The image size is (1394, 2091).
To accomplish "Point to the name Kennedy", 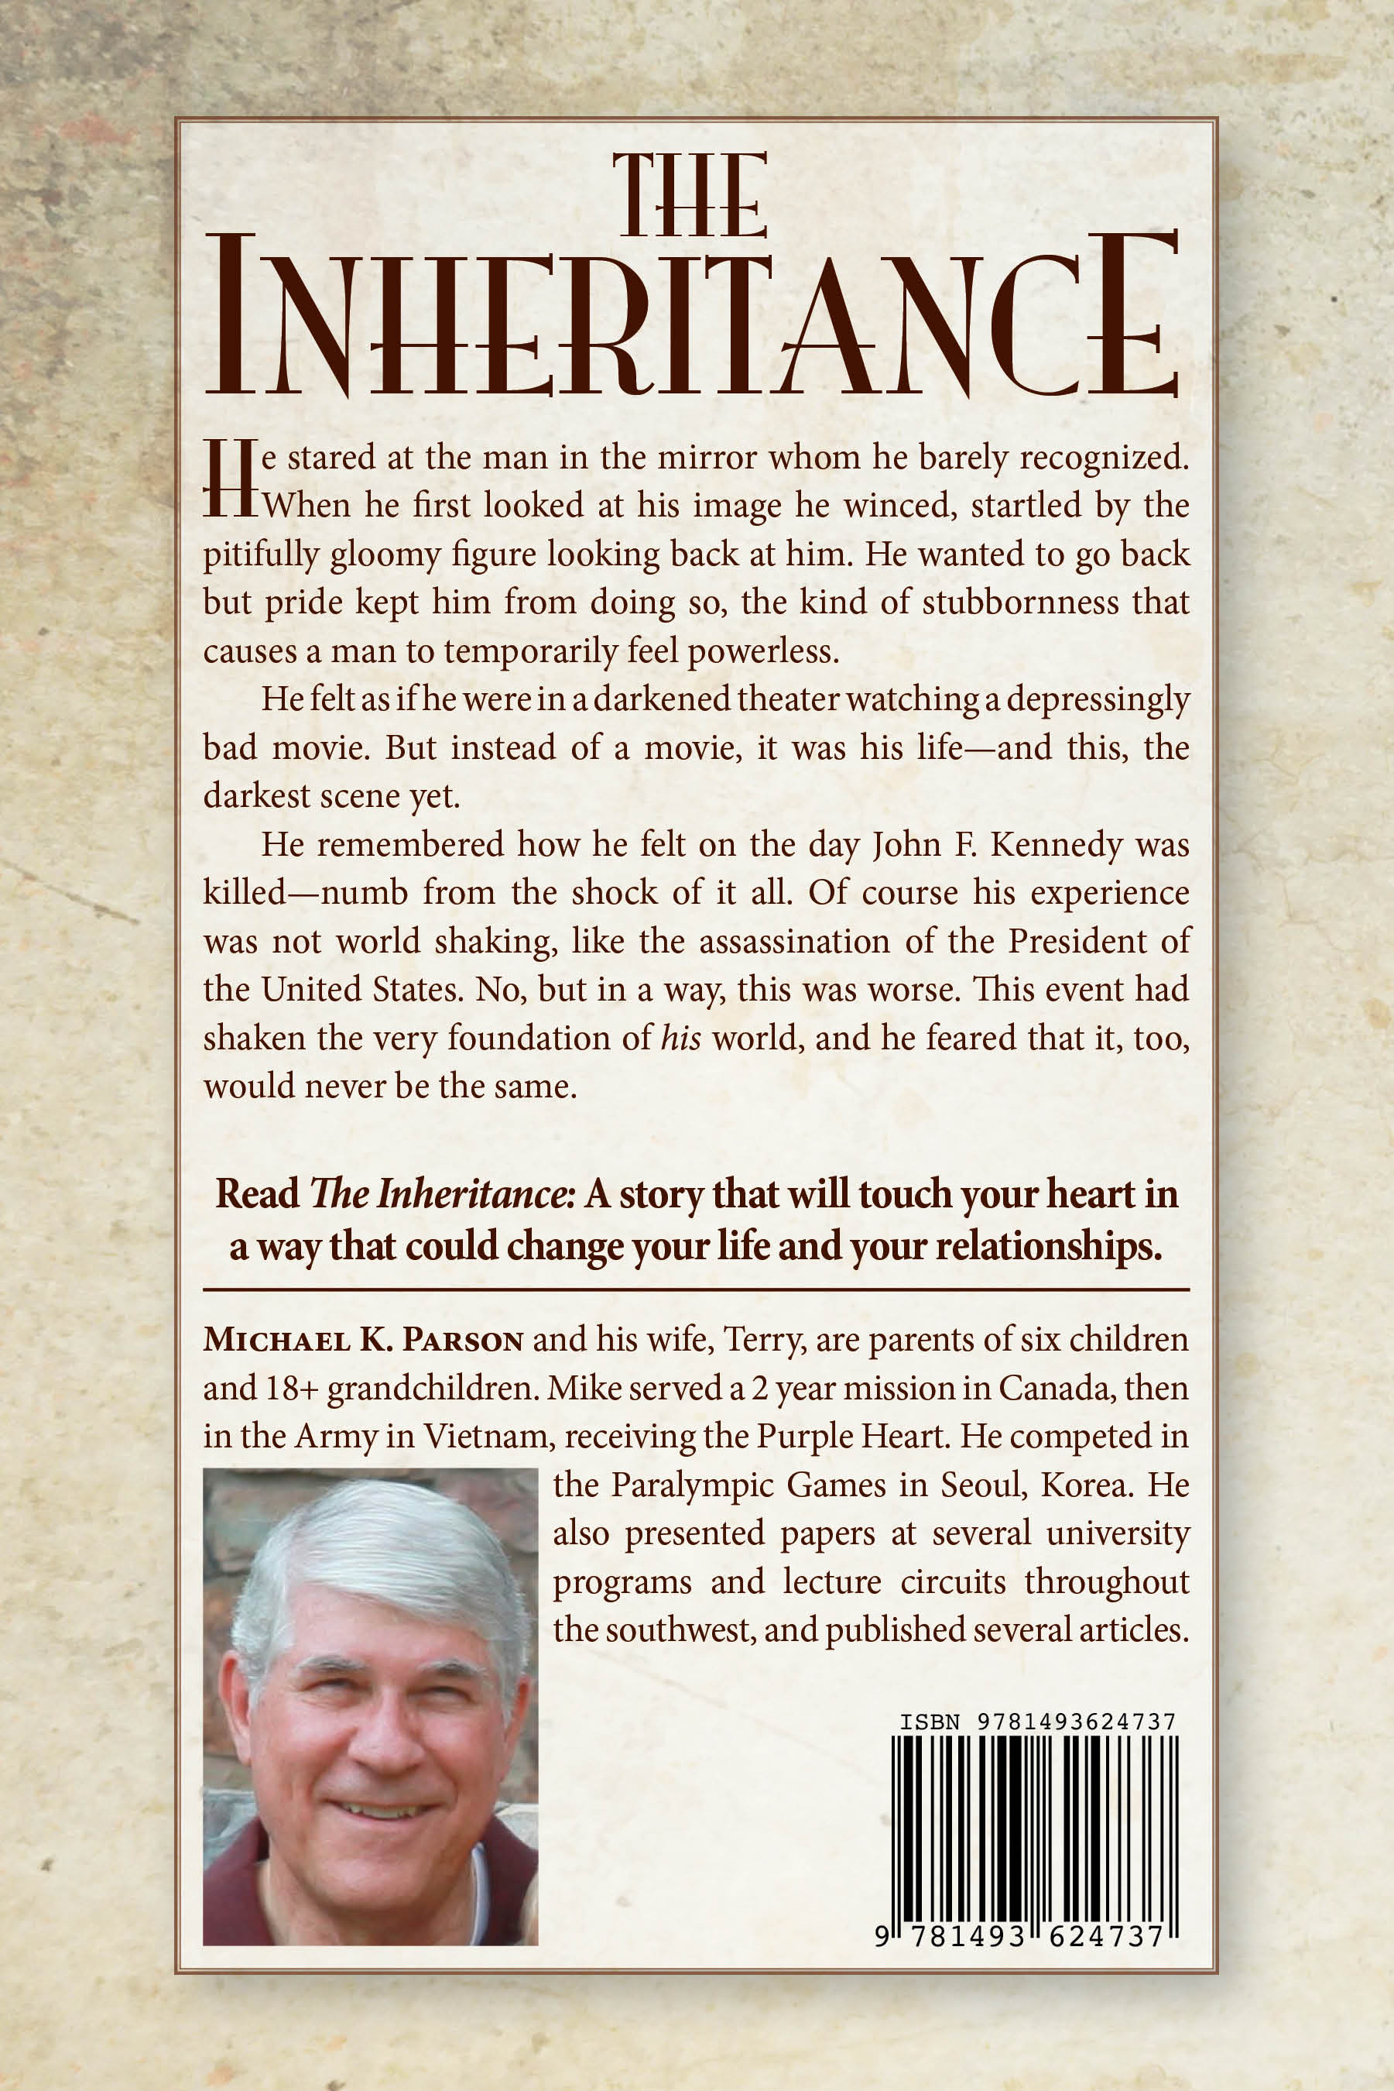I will [x=1057, y=845].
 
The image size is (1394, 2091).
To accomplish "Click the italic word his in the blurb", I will [x=681, y=1039].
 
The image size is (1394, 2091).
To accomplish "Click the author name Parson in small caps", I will [x=462, y=1341].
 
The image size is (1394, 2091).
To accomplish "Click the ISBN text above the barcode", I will [x=1036, y=1722].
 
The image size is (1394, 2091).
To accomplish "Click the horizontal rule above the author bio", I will [x=696, y=1289].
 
